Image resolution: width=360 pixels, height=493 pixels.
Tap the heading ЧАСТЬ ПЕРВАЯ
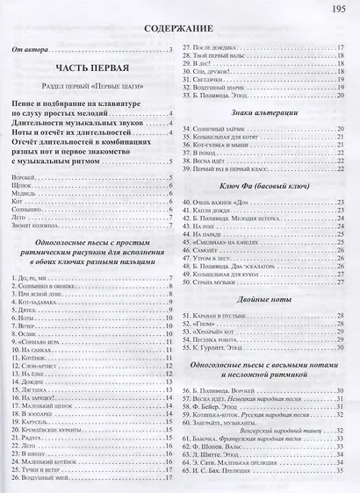pyautogui.click(x=91, y=68)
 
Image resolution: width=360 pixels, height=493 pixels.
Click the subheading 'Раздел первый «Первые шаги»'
pyautogui.click(x=91, y=89)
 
